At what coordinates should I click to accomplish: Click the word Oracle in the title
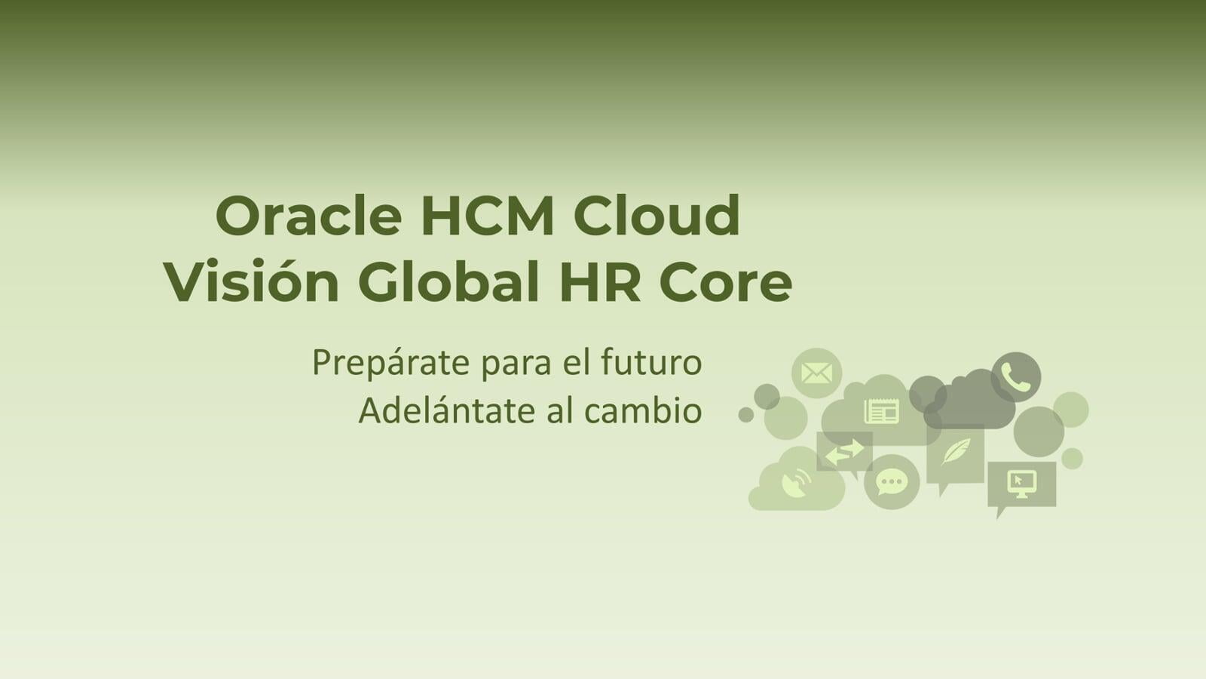[x=308, y=217]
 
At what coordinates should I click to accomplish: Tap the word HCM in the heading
[x=488, y=217]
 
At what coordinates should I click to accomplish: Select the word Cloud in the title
[x=657, y=217]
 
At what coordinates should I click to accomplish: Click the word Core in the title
[x=725, y=283]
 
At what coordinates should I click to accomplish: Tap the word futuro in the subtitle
[x=651, y=363]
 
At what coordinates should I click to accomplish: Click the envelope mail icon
[x=816, y=373]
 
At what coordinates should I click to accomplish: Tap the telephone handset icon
[x=1016, y=377]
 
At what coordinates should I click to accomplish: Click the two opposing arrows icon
[x=844, y=453]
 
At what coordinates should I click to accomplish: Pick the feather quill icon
[x=956, y=452]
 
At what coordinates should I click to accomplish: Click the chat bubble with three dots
[x=892, y=481]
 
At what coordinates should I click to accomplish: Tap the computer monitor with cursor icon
[x=1022, y=482]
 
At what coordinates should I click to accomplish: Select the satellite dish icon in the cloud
[x=796, y=483]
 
